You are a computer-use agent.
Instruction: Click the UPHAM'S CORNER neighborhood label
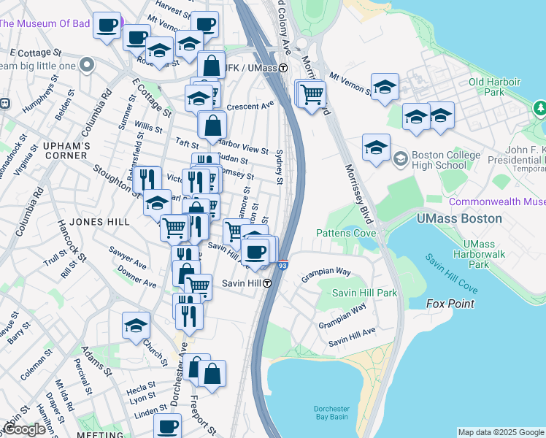click(x=66, y=151)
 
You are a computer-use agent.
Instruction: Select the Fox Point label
click(x=450, y=304)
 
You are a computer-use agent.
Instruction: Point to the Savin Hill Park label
click(x=364, y=293)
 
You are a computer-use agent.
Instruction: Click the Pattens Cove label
click(x=346, y=234)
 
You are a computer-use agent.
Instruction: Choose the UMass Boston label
click(x=458, y=218)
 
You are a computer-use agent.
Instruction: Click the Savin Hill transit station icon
click(x=268, y=284)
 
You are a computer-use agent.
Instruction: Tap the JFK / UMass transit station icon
click(x=282, y=68)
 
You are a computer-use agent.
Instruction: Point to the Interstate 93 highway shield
click(x=282, y=267)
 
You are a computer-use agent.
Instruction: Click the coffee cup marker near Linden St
click(x=168, y=424)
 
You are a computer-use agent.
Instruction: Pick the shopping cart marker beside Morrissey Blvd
click(x=312, y=93)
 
